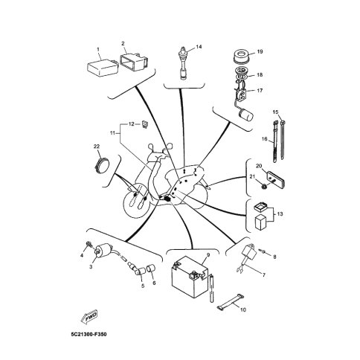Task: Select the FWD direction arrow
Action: click(x=89, y=317)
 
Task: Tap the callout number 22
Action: click(x=97, y=147)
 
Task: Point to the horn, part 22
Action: click(x=102, y=164)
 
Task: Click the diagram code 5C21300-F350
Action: click(x=89, y=335)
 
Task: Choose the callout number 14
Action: click(x=199, y=47)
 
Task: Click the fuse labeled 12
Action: click(x=145, y=123)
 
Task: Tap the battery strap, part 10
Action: click(x=231, y=300)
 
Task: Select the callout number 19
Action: click(x=260, y=51)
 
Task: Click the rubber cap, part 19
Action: click(x=241, y=57)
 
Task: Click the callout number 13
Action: click(x=280, y=213)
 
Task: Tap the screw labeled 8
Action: click(x=263, y=251)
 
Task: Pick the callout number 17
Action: click(x=260, y=91)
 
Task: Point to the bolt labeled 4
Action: click(x=89, y=245)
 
